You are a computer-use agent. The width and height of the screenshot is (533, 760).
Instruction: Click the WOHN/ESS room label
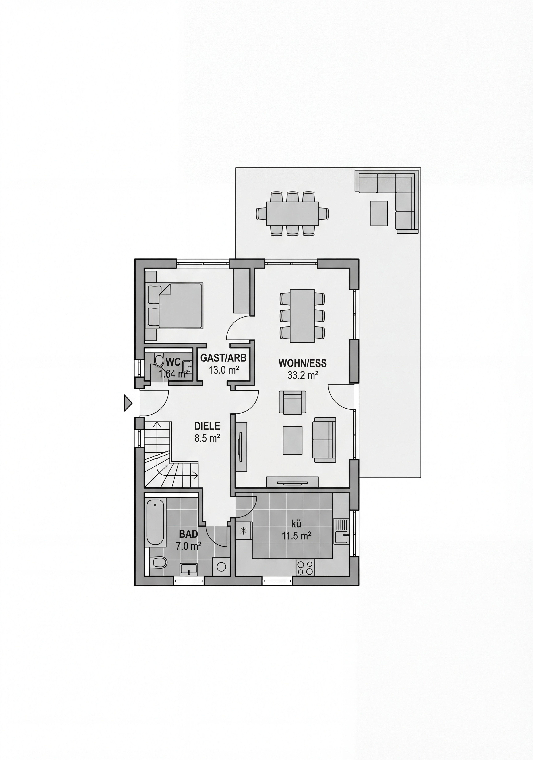(x=302, y=363)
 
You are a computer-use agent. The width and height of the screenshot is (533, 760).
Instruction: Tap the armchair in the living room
(x=292, y=402)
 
